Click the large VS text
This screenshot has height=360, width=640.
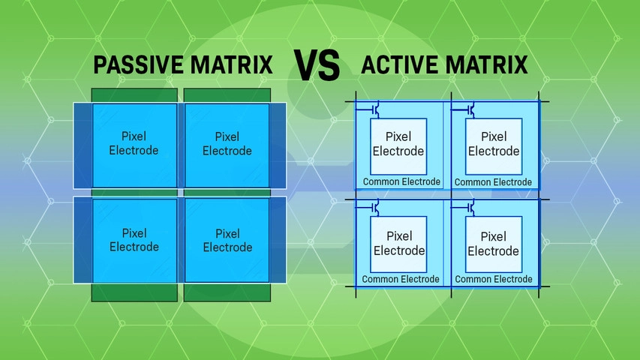click(316, 66)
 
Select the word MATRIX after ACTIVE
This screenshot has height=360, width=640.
click(488, 65)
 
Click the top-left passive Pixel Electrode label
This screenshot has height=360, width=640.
click(134, 143)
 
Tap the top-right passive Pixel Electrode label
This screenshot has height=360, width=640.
click(227, 143)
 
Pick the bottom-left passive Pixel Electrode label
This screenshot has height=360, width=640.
click(134, 240)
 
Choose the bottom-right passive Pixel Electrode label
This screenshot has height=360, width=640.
click(227, 240)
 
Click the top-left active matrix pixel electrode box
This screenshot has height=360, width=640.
click(398, 144)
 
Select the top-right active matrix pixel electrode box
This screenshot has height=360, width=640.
click(493, 144)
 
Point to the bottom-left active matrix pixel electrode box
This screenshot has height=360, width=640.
click(398, 244)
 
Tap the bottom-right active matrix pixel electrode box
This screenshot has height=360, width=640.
click(493, 244)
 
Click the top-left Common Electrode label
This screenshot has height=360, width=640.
click(401, 182)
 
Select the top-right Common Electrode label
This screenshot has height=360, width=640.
click(493, 182)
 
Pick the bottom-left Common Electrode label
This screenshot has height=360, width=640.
click(401, 280)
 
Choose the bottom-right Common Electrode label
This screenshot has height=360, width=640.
click(493, 280)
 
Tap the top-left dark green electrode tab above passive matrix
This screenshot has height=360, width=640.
click(134, 95)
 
